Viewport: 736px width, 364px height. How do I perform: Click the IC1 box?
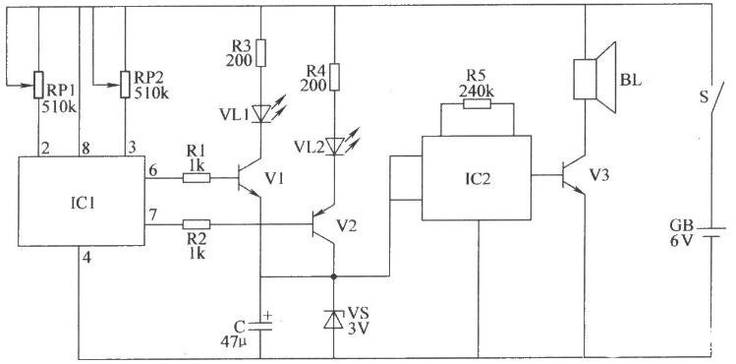point(82,201)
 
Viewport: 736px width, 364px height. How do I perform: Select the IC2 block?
point(477,178)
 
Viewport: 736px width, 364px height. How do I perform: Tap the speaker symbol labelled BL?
point(594,78)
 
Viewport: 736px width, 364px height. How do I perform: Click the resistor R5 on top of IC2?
point(477,104)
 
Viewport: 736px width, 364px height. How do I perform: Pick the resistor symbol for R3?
point(260,53)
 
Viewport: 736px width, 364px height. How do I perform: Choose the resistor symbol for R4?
point(334,77)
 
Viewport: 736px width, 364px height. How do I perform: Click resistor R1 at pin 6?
point(197,178)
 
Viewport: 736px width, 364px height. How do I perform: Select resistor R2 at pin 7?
point(197,224)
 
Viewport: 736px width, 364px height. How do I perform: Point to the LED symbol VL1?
point(261,113)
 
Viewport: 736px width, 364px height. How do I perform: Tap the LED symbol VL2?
point(335,146)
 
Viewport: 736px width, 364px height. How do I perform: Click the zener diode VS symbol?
point(334,320)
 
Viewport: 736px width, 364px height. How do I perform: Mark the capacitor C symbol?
point(260,326)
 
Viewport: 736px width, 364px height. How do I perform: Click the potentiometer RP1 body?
point(38,85)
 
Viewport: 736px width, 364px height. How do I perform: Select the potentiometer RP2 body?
point(125,85)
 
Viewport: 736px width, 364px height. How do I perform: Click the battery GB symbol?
point(710,232)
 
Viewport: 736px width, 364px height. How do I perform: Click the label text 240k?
point(478,91)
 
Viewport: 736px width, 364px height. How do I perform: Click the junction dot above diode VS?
point(334,276)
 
